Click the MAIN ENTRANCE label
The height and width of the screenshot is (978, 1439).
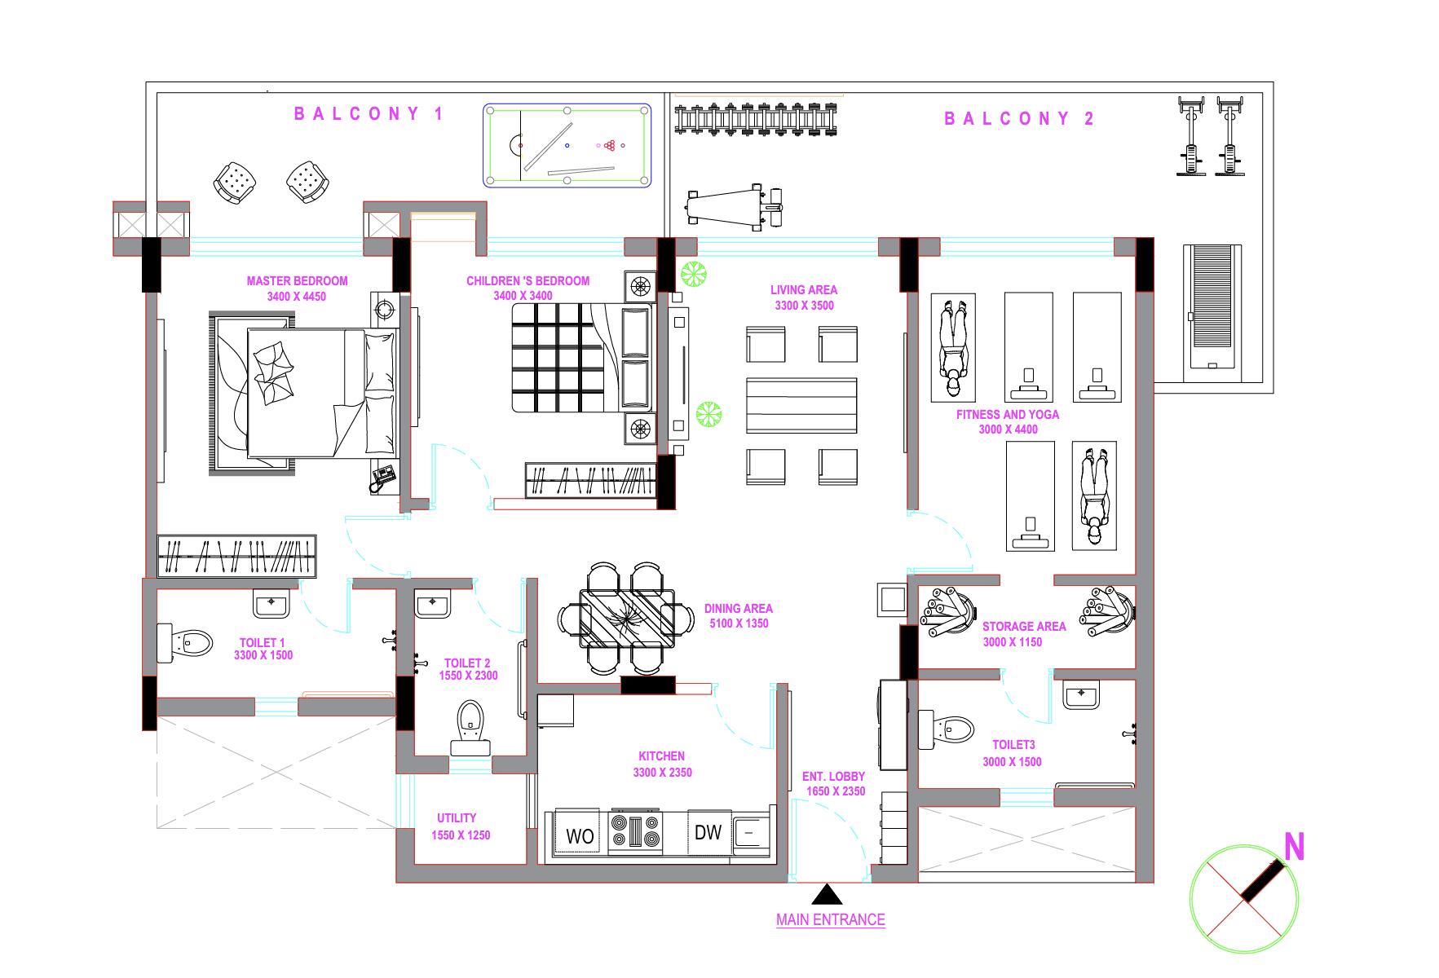[x=830, y=920]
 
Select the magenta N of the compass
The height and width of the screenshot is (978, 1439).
[x=1294, y=848]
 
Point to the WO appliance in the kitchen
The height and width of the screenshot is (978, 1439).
[x=580, y=835]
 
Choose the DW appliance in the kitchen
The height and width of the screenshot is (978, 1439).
[x=708, y=833]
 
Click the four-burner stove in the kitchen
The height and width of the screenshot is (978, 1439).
[x=635, y=832]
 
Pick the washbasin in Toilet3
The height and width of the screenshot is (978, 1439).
[x=1081, y=696]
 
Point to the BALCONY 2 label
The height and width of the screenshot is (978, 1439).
[x=1019, y=119]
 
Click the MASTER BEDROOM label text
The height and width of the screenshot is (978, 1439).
[x=297, y=281]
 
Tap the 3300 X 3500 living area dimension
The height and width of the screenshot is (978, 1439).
[x=803, y=306]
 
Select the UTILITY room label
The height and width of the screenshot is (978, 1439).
[x=457, y=818]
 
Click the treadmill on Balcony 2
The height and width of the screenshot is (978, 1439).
[x=1214, y=310]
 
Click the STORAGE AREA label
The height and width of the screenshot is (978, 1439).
[x=1024, y=627]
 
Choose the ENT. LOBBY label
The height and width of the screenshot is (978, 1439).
[x=833, y=777]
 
